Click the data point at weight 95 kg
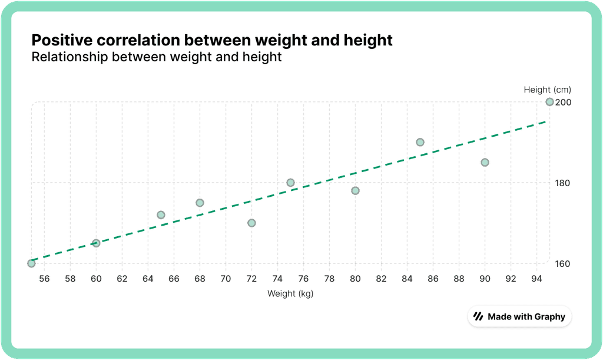549,102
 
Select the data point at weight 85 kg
420,142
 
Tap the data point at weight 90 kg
485,162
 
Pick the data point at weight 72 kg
251,223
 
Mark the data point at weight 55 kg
31,263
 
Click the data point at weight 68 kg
200,203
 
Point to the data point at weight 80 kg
355,190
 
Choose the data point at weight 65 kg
161,214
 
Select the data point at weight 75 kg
290,183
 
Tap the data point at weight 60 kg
96,243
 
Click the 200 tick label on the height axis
564,102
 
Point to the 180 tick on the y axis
564,183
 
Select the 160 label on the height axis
564,263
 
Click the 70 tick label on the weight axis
226,278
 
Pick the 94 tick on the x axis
536,278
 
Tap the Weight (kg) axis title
290,293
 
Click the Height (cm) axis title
548,90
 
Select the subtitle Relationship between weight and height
157,57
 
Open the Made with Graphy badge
519,316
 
